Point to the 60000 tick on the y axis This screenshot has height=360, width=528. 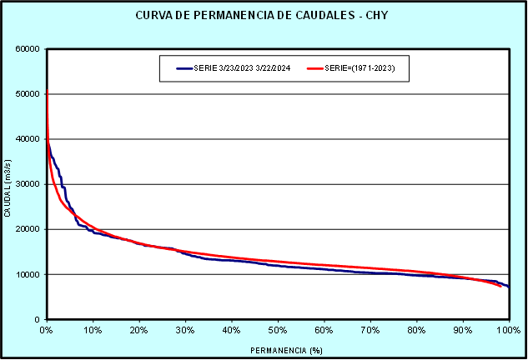(29, 49)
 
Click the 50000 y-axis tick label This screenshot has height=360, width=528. (29, 94)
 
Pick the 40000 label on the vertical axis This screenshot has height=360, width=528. (29, 139)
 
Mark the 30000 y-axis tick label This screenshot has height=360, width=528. (29, 184)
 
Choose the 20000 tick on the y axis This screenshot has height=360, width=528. (29, 229)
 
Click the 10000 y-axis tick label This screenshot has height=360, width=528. (29, 274)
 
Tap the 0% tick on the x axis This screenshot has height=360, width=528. (47, 331)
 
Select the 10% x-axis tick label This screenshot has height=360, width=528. (93, 331)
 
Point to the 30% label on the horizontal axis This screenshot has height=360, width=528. (185, 331)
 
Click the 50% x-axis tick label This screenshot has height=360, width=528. (278, 331)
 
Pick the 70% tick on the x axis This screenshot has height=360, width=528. (370, 331)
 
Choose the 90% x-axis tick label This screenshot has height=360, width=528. (463, 331)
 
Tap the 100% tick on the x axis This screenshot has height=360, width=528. (507, 331)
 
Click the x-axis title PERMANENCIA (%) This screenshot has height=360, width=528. (277, 350)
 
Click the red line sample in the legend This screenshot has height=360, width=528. (314, 68)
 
